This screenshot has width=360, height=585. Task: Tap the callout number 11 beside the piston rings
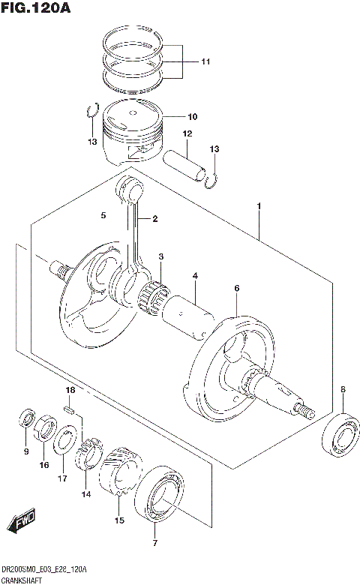coord(205,62)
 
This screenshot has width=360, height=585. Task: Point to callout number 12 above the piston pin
coord(187,134)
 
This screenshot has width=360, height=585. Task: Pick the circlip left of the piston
coord(90,111)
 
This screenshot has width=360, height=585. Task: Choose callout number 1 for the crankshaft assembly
coord(259,205)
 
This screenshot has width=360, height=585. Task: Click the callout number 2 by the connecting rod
coord(154,219)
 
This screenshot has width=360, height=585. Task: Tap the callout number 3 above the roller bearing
coord(160,258)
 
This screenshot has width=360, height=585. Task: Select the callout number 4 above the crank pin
coord(194,277)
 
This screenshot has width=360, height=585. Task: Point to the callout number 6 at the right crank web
coord(236,288)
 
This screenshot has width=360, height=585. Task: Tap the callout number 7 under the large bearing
coord(155,542)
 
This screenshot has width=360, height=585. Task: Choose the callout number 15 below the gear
coord(118,520)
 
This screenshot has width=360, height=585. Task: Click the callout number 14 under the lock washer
coord(86,494)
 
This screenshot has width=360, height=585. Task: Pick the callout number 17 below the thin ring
coord(62,478)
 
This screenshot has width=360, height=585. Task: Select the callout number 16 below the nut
coord(43,465)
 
